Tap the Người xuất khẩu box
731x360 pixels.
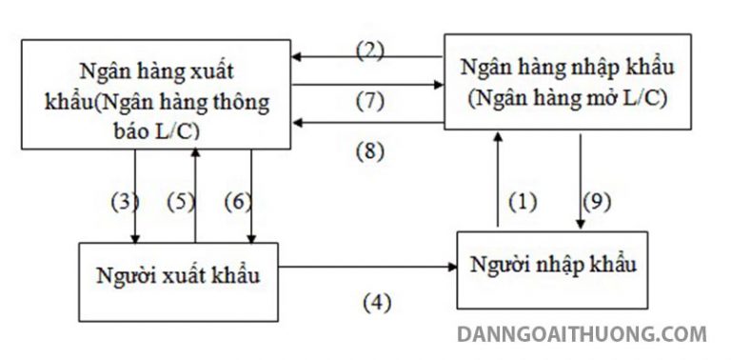click(x=178, y=277)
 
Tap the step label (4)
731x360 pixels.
click(x=377, y=303)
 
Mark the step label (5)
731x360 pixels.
click(x=179, y=202)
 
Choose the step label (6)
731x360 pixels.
click(x=236, y=202)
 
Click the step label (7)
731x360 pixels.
click(x=369, y=99)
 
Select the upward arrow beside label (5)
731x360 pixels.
click(x=195, y=195)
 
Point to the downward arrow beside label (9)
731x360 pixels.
click(x=580, y=181)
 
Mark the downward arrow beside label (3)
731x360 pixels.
click(x=137, y=195)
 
